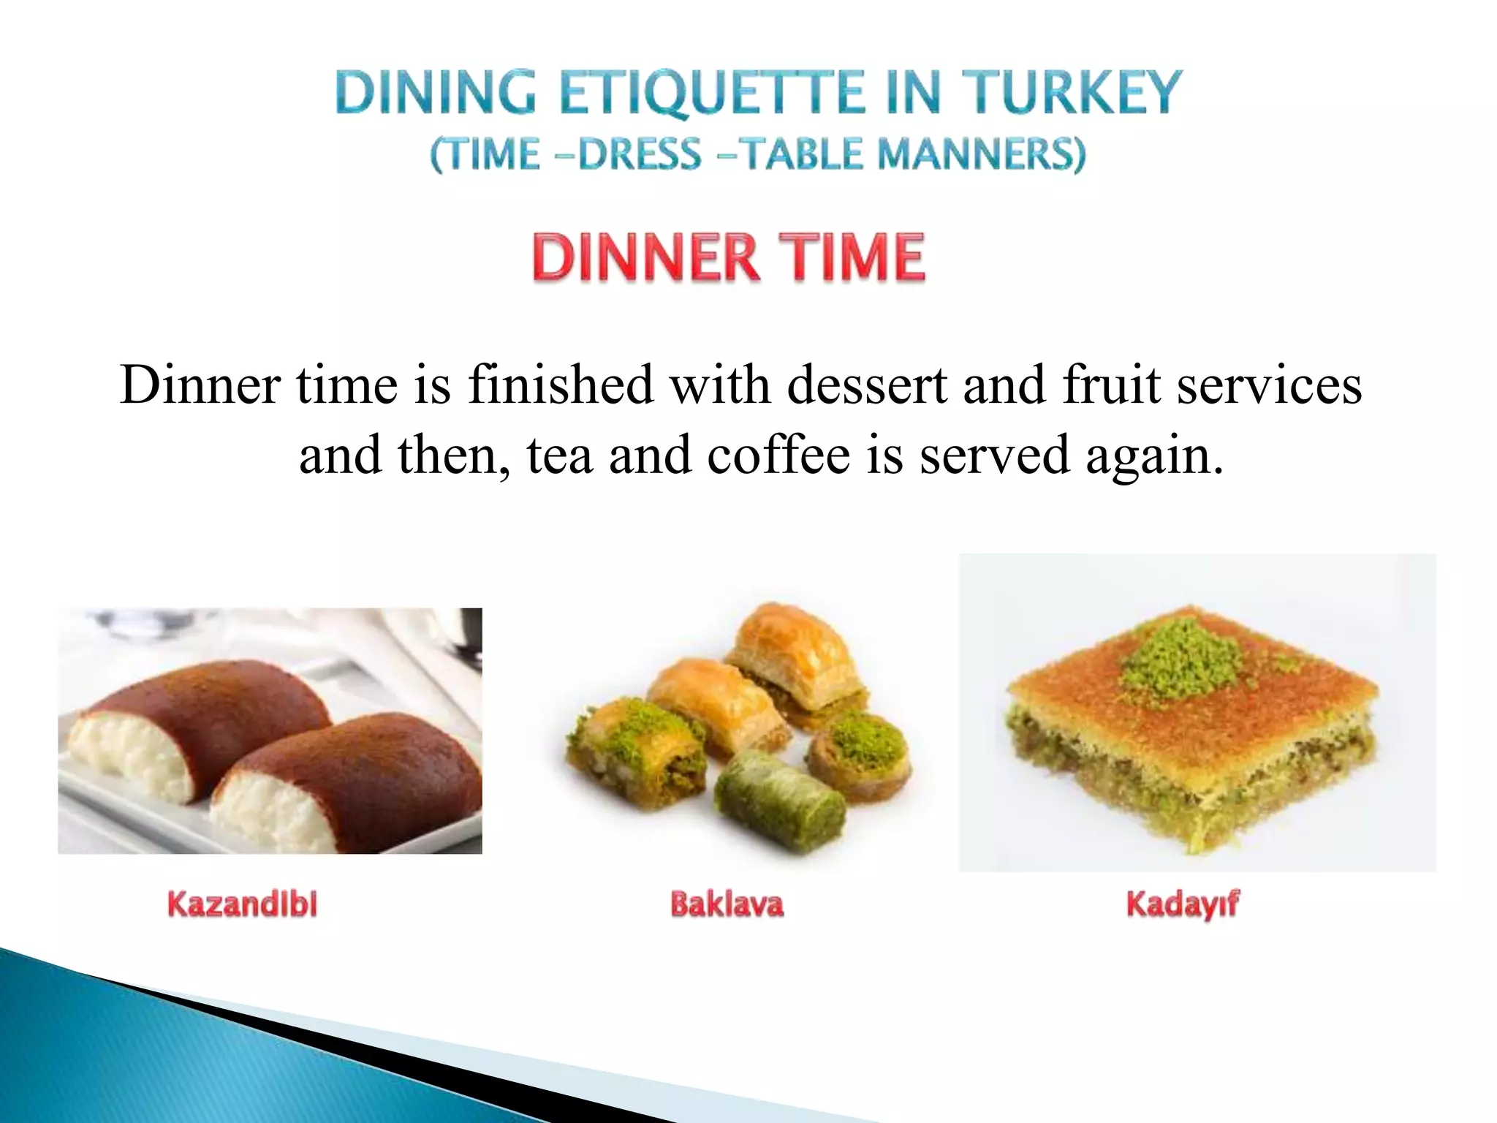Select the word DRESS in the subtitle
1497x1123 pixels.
tap(640, 154)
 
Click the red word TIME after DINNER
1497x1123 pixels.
tap(854, 257)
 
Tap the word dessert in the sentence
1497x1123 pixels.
tap(867, 385)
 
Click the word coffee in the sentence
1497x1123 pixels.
tap(778, 455)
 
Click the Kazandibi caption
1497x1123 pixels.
tap(243, 904)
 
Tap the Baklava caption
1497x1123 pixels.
tap(727, 904)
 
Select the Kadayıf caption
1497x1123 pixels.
tap(1183, 904)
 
